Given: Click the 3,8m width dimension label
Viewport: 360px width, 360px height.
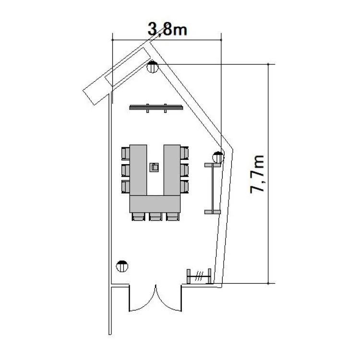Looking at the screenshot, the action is tap(168, 29).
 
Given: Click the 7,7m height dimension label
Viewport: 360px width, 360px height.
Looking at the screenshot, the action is tap(257, 174).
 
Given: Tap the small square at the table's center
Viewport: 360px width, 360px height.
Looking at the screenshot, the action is tap(154, 168).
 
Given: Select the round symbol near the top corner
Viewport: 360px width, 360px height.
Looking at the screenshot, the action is tap(153, 67).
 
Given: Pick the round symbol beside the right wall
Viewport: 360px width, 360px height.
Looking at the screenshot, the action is tap(218, 157).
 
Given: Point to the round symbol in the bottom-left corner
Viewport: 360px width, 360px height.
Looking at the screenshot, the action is tap(122, 266).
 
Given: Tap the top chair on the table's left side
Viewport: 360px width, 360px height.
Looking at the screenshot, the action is tap(125, 153).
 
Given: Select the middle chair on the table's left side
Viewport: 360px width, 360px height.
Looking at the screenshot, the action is tap(125, 170).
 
